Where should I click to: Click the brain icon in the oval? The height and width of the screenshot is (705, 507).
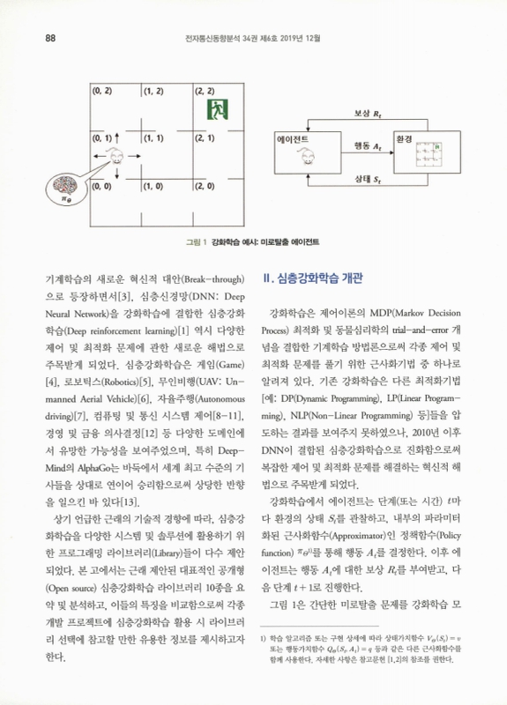click(x=63, y=189)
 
